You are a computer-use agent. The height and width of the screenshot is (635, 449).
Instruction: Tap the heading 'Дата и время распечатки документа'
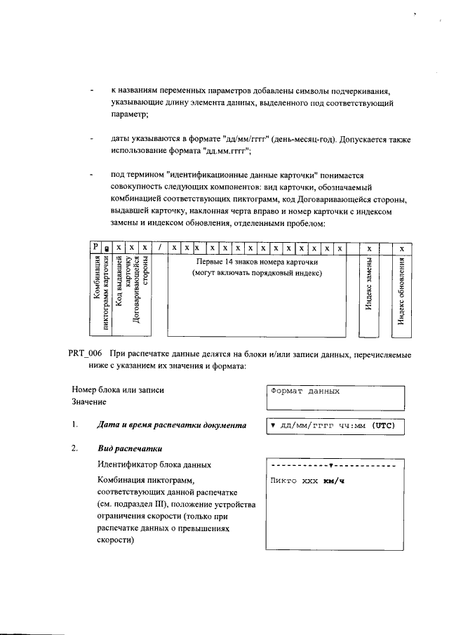pyautogui.click(x=171, y=425)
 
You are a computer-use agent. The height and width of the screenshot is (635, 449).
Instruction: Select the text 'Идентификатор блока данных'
pyautogui.click(x=154, y=464)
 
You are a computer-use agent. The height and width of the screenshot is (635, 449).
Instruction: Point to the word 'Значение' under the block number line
pyautogui.click(x=89, y=402)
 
